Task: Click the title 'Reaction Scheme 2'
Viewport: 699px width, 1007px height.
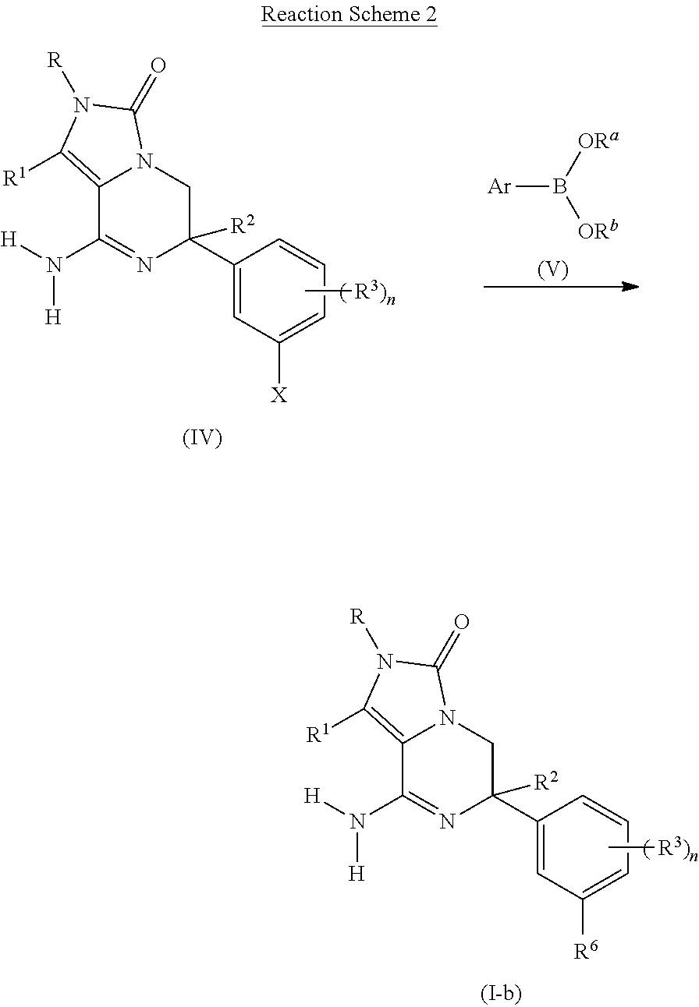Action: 349,14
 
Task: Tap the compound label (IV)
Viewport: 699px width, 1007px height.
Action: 202,438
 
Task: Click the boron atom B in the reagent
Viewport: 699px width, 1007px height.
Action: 560,188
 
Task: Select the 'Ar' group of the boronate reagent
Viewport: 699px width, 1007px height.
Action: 499,188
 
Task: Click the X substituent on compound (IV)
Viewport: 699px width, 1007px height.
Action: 279,396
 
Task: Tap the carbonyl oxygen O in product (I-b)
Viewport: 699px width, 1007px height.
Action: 461,620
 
